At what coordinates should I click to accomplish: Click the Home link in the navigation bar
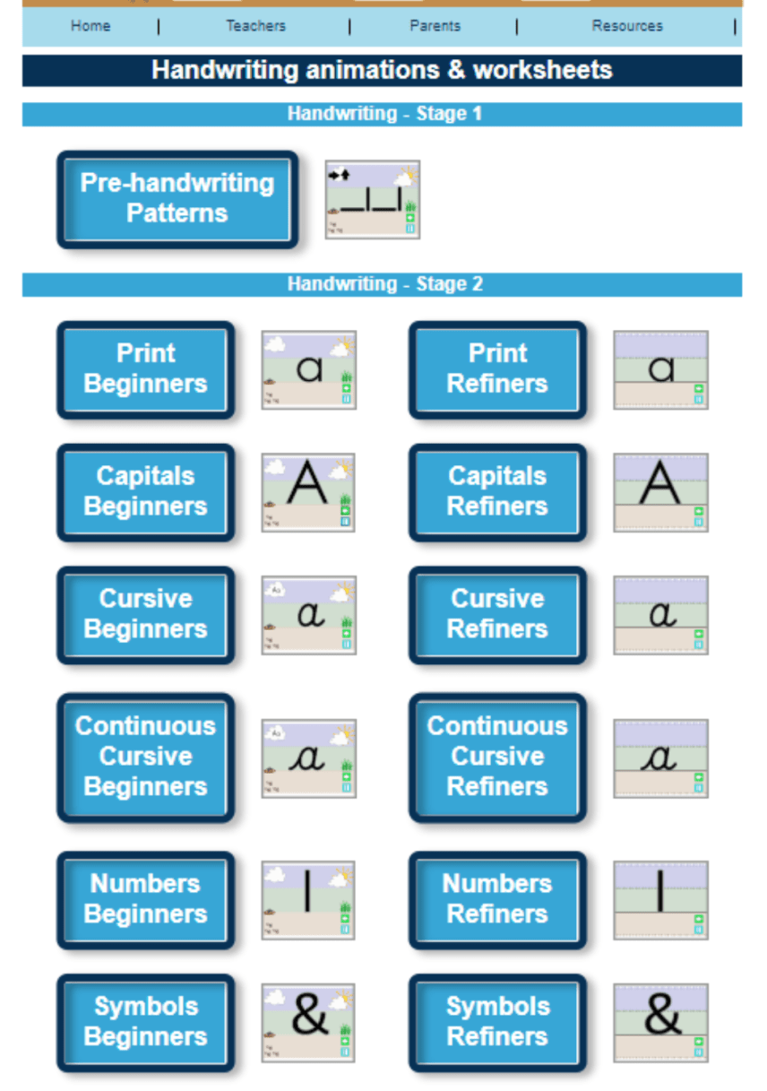[x=90, y=26]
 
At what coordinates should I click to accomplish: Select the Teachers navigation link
[x=255, y=26]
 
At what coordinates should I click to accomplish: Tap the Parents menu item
[x=435, y=26]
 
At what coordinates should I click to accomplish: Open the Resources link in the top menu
[x=627, y=26]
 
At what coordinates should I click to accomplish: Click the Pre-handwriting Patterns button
[x=177, y=199]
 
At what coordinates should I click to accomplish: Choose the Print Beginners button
[x=145, y=369]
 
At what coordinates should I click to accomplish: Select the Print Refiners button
[x=497, y=369]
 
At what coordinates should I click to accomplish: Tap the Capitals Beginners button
[x=145, y=492]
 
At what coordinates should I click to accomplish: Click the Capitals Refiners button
[x=497, y=492]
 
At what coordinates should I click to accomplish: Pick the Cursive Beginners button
[x=145, y=615]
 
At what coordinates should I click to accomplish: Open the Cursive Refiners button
[x=497, y=615]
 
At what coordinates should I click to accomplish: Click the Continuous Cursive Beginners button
[x=145, y=757]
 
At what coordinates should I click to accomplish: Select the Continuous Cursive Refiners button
[x=497, y=757]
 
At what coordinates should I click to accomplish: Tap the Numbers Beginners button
[x=145, y=899]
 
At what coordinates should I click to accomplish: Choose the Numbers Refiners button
[x=497, y=899]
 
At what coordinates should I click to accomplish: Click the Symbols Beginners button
[x=145, y=1022]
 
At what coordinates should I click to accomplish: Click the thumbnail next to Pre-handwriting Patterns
[x=372, y=199]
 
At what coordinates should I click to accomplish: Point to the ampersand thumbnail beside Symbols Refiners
[x=660, y=1022]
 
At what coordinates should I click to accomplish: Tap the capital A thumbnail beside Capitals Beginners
[x=308, y=492]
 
